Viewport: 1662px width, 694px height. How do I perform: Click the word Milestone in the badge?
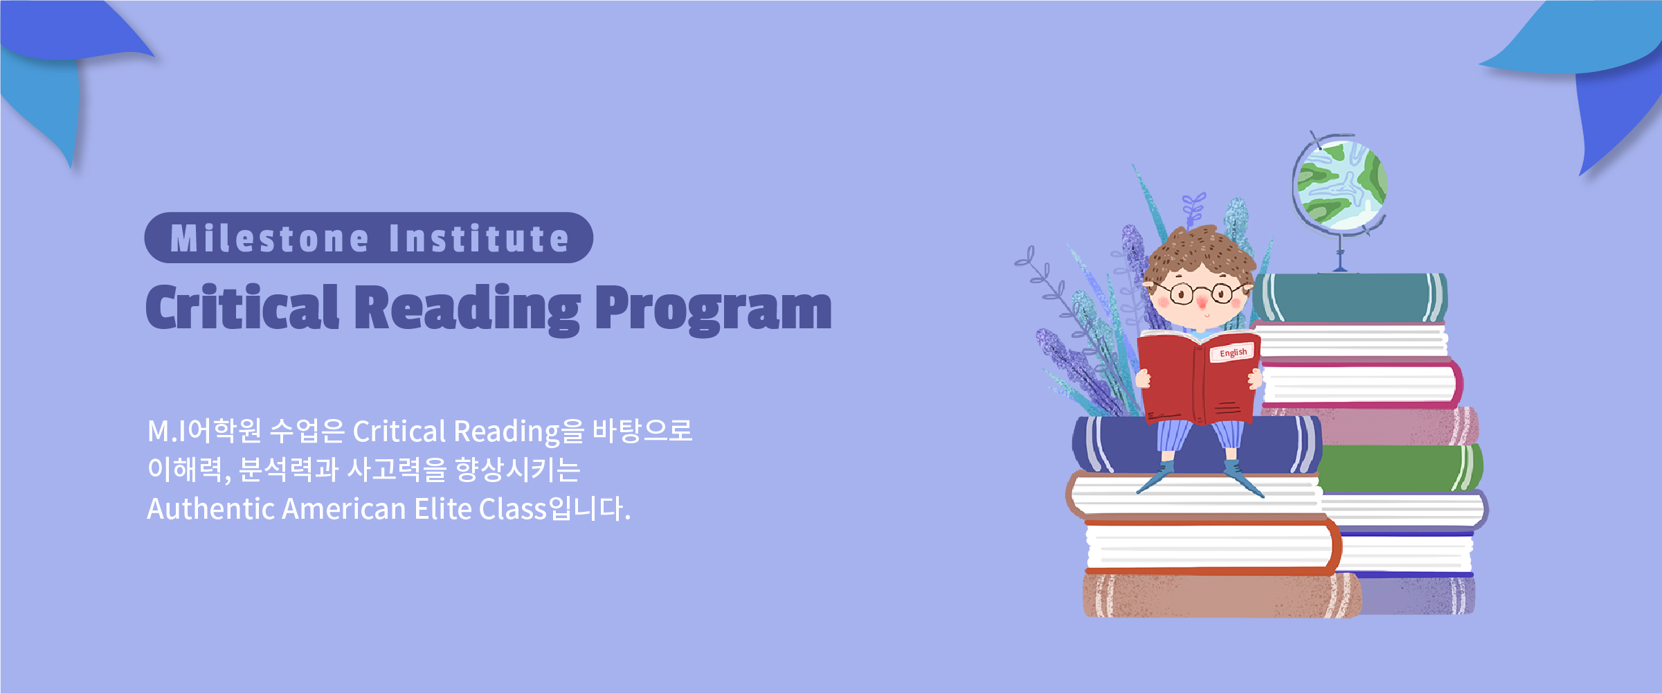[x=269, y=239]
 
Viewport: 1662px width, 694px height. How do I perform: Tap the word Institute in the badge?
[x=479, y=239]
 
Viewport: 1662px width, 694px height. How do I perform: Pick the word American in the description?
[x=344, y=509]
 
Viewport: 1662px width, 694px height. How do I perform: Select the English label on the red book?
[x=1233, y=353]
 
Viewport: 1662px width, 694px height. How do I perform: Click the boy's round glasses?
[x=1202, y=294]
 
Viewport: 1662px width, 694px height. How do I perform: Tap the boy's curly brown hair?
[x=1200, y=253]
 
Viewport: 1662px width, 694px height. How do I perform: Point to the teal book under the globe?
[x=1350, y=298]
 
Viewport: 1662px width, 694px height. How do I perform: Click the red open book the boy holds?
[x=1198, y=377]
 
